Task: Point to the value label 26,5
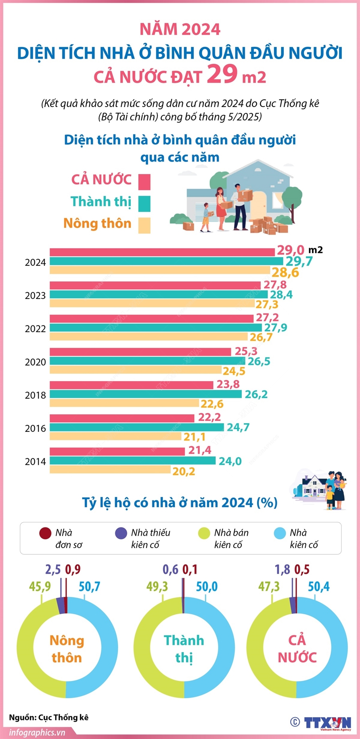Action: tap(259, 361)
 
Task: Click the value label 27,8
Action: tap(275, 285)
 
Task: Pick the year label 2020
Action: tap(35, 362)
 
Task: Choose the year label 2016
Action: tap(35, 428)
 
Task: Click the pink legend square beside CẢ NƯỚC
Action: tap(144, 182)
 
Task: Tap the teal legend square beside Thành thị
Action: tap(144, 204)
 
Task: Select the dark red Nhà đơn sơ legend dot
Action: tap(45, 533)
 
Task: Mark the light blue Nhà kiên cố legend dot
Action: tap(280, 533)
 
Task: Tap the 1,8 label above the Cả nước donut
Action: tap(282, 570)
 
